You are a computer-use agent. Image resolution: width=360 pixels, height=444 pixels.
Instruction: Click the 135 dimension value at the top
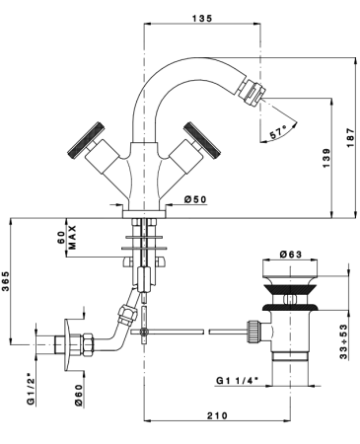[202, 19]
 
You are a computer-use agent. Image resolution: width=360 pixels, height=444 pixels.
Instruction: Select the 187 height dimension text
[351, 138]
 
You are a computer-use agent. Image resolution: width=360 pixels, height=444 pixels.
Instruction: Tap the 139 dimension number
[326, 159]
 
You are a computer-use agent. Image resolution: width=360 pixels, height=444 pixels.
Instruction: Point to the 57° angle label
[277, 133]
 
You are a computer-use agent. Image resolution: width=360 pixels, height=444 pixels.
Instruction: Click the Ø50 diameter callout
[195, 199]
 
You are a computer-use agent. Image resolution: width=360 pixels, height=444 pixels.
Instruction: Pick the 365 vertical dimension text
[6, 281]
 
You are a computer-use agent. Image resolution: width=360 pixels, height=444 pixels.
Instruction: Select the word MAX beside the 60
[72, 238]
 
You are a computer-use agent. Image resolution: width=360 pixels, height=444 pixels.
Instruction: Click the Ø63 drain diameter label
[291, 255]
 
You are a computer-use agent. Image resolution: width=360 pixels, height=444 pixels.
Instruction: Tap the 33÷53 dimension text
[343, 341]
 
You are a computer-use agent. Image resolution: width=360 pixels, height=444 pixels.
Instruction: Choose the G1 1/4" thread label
[237, 381]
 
